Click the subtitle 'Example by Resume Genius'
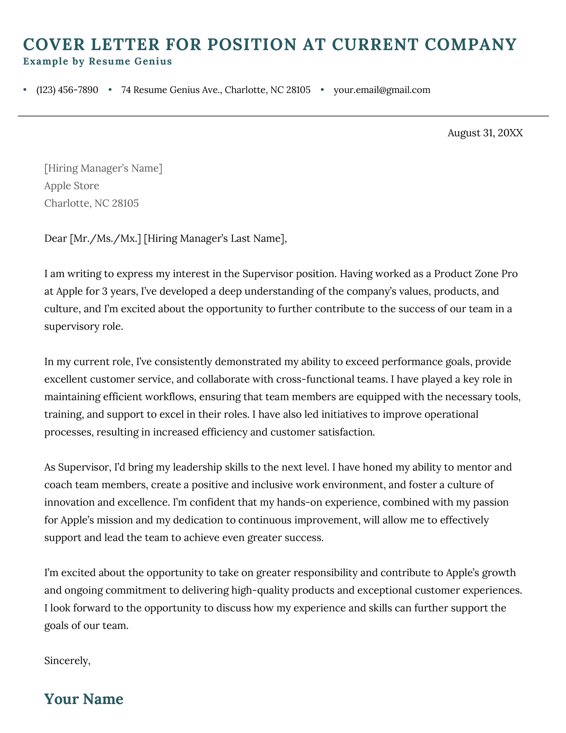97,62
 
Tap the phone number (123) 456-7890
67,90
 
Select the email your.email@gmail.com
382,90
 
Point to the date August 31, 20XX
485,133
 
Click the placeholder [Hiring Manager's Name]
103,168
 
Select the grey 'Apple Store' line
71,186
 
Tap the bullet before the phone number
25,90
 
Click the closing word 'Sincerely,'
67,661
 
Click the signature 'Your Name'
84,699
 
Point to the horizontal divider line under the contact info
283,116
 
